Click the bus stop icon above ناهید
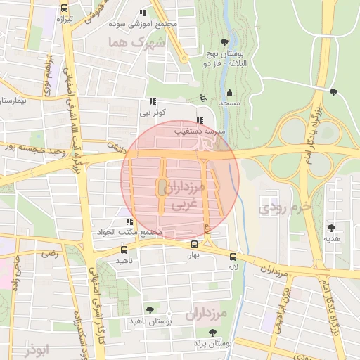coord(124,249)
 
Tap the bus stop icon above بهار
coord(194,244)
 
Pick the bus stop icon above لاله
coord(233,257)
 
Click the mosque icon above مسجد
coord(229,92)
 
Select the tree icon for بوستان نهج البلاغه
coord(224,42)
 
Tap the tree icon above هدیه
coord(331,228)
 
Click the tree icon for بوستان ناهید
coord(149,309)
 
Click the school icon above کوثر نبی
coord(153,101)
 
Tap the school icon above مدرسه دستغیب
coord(200,120)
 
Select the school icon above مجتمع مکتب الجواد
coord(129,222)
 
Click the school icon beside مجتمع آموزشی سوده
coord(143,13)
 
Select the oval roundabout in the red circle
coord(162,186)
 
